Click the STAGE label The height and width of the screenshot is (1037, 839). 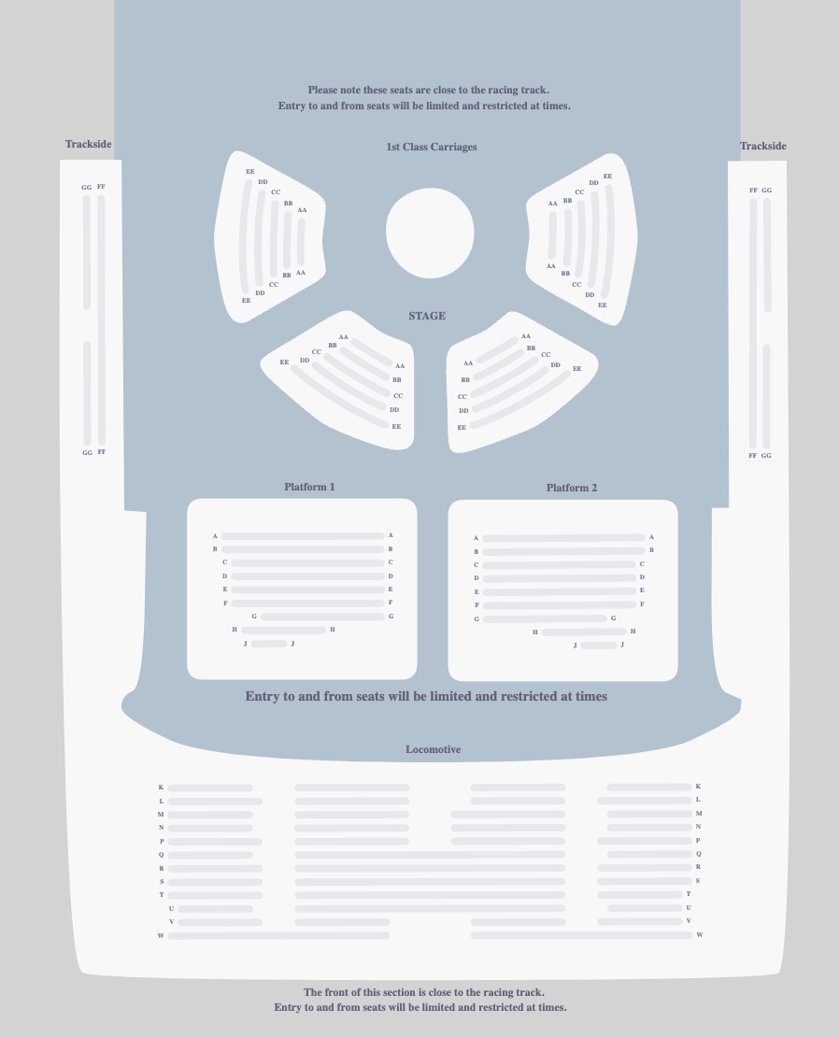pos(427,316)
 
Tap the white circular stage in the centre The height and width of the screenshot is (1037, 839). pos(430,233)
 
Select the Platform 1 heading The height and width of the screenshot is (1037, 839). pos(309,487)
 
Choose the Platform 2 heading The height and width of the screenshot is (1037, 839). pos(572,488)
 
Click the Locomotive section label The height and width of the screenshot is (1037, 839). pos(433,749)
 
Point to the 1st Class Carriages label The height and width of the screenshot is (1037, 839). pos(432,147)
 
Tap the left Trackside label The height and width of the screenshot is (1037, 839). pos(89,144)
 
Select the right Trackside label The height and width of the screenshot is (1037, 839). pos(763,146)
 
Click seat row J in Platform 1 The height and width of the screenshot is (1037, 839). pos(269,644)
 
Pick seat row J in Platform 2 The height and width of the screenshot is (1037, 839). pos(599,646)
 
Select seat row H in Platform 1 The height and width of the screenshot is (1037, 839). pos(284,631)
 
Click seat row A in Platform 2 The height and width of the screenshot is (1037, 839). pos(563,538)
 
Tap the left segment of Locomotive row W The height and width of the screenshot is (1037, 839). pos(278,935)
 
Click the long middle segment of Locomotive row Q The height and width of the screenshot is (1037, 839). pos(430,855)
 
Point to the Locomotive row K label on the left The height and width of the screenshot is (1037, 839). pos(161,788)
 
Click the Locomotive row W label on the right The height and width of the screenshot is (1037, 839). pos(699,935)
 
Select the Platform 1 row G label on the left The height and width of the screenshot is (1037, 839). pos(254,617)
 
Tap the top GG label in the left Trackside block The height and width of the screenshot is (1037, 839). pos(87,188)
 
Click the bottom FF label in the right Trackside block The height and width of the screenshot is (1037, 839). pos(753,456)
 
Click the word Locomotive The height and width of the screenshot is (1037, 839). pos(433,749)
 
